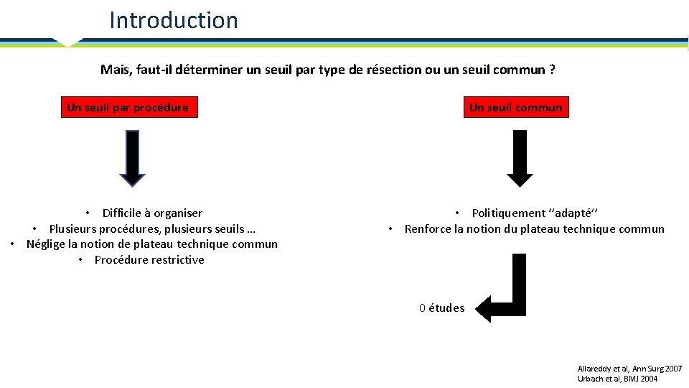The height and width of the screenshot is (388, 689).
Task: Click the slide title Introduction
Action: [x=173, y=20]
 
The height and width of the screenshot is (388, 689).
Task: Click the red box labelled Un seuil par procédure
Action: [x=128, y=108]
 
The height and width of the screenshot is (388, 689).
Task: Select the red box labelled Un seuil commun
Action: [x=515, y=108]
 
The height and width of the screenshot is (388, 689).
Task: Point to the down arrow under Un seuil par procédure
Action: [x=132, y=157]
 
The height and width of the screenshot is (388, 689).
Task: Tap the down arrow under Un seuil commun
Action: [x=520, y=157]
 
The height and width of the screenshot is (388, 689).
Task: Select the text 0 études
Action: [x=442, y=308]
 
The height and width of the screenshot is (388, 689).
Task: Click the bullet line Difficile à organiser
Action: [x=151, y=213]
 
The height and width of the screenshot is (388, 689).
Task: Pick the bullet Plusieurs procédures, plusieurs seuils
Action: [x=151, y=228]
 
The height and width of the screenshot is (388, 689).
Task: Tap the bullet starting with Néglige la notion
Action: [x=151, y=244]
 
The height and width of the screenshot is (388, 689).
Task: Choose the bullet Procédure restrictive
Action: [x=149, y=260]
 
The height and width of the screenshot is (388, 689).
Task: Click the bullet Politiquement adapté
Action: [x=534, y=213]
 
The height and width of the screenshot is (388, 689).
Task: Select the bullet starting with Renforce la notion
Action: [x=534, y=229]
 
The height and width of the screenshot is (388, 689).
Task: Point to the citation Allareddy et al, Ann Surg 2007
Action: [x=629, y=368]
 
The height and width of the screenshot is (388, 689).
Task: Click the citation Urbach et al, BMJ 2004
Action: [x=617, y=379]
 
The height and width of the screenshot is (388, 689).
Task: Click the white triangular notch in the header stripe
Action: [x=68, y=42]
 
